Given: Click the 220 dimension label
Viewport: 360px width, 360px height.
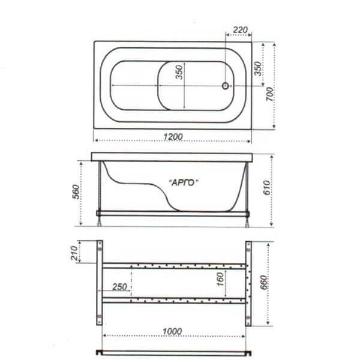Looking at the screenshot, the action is tap(240, 29).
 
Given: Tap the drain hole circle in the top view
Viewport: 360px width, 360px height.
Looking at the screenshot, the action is tap(226, 86).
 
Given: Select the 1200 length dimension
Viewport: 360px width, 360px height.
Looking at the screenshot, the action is tap(173, 137).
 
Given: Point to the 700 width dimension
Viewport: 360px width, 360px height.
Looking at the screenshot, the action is tap(269, 94).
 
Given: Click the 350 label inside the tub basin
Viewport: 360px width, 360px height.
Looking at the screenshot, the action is tap(179, 73).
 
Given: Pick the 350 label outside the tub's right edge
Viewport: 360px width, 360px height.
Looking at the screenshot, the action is tap(258, 68).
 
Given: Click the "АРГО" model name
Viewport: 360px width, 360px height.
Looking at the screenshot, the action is tap(184, 183).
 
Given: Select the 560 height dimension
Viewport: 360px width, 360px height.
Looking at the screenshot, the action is tap(76, 191).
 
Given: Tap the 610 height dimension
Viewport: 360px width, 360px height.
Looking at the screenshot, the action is tap(266, 188).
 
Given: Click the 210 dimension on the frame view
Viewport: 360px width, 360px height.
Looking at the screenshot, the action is tap(74, 253).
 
